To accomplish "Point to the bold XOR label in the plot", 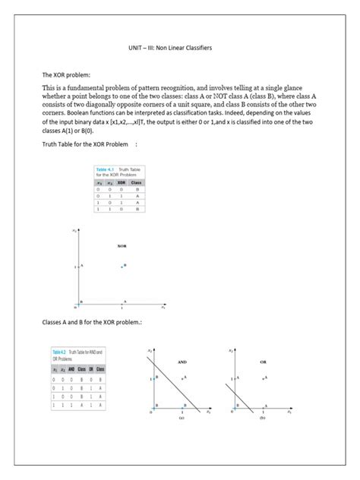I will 122,247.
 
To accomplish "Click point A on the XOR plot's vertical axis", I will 81,266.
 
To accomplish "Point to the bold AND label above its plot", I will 182,362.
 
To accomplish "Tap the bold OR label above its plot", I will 263,362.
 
